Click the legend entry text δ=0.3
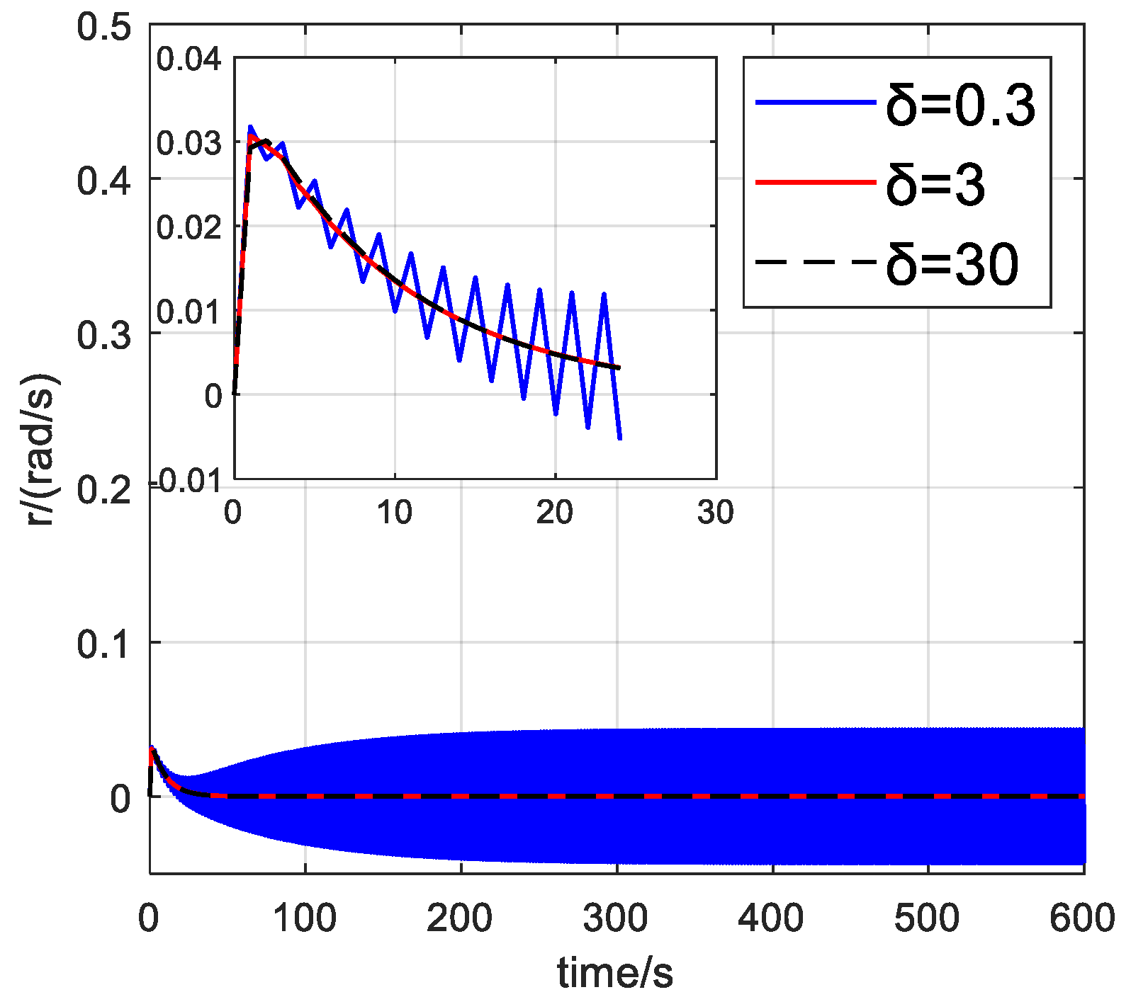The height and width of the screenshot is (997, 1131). click(961, 105)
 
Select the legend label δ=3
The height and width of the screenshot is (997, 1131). click(935, 185)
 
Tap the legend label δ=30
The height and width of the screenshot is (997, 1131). click(952, 264)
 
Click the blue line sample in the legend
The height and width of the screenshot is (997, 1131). click(815, 103)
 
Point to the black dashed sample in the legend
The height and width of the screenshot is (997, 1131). click(815, 263)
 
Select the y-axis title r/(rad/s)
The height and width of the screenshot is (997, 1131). click(43, 449)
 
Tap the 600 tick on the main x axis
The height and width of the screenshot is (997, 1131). click(1082, 918)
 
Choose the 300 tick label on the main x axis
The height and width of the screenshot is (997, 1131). click(615, 918)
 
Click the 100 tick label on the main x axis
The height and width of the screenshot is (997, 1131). click(305, 918)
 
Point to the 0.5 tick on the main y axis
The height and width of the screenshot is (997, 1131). click(104, 28)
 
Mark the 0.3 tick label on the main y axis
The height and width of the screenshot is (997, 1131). click(104, 334)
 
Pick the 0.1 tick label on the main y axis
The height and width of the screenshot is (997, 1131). click(104, 644)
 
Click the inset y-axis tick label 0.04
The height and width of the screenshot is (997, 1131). click(188, 59)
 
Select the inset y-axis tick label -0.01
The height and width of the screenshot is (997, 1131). click(186, 482)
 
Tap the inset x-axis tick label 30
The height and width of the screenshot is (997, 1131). click(716, 513)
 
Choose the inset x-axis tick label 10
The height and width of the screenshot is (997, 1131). click(394, 513)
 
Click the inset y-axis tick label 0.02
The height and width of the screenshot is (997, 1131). click(188, 228)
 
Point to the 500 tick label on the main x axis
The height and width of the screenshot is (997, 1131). click(927, 918)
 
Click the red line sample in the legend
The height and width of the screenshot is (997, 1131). click(815, 183)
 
